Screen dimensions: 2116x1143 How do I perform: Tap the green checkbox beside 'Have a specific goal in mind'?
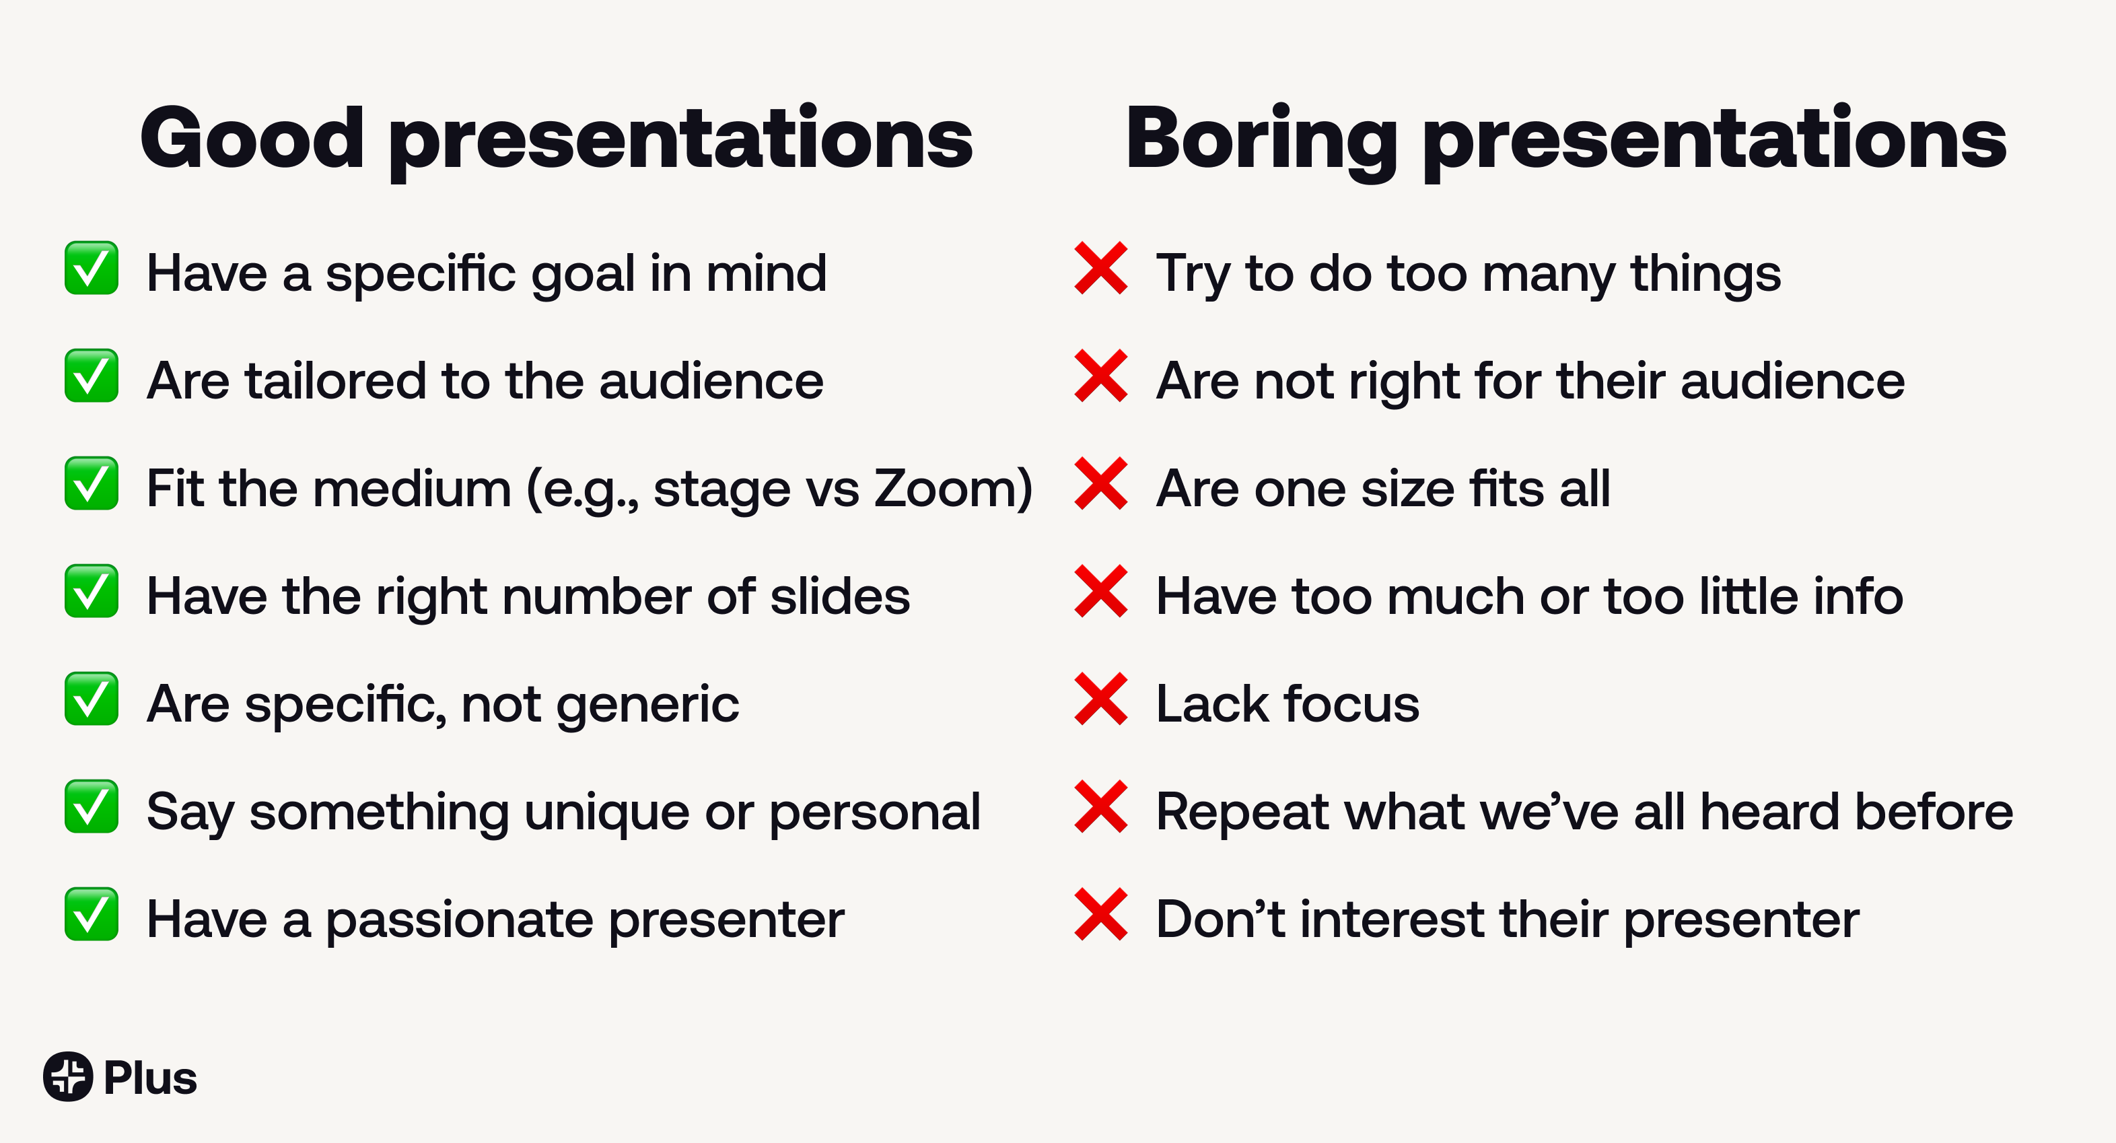pyautogui.click(x=91, y=268)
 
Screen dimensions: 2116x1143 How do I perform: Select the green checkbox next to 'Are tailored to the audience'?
pyautogui.click(x=91, y=376)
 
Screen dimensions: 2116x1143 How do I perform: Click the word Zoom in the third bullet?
pyautogui.click(x=944, y=488)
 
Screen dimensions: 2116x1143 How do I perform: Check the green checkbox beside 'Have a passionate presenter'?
pyautogui.click(x=91, y=913)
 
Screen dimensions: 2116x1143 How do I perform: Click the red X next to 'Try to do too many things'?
pyautogui.click(x=1100, y=268)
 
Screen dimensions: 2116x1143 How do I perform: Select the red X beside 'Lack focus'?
pyautogui.click(x=1100, y=699)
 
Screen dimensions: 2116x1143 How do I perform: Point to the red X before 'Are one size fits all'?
pyautogui.click(x=1100, y=483)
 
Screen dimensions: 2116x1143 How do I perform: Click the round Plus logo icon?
pyautogui.click(x=68, y=1076)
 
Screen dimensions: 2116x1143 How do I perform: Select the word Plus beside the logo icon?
pyautogui.click(x=150, y=1078)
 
